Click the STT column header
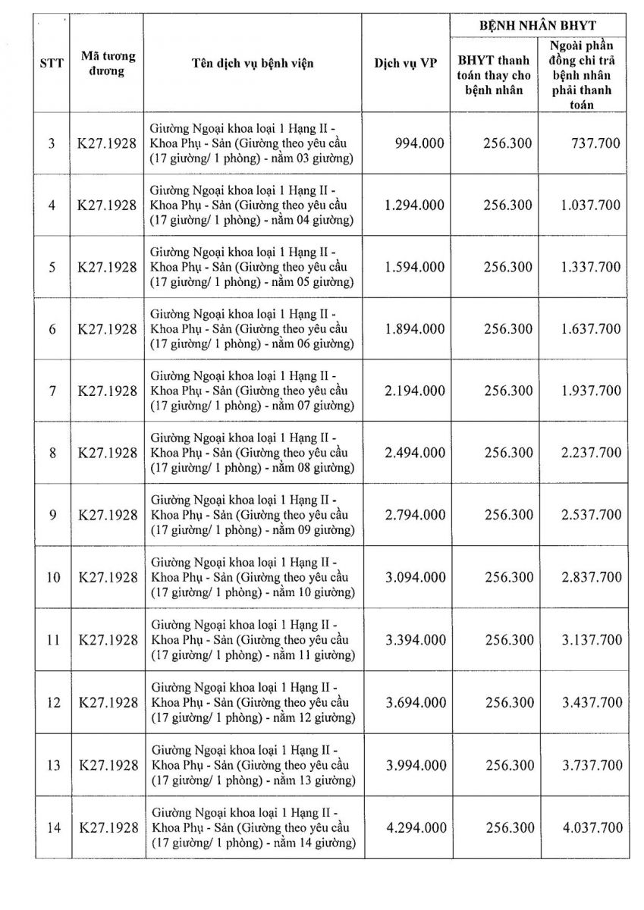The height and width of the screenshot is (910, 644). (52, 64)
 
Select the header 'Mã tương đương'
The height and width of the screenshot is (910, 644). (106, 64)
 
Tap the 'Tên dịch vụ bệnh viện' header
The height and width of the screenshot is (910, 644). (253, 64)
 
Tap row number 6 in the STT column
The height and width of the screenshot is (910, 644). (52, 329)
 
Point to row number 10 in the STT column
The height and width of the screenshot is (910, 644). (52, 577)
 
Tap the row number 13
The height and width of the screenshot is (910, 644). (52, 764)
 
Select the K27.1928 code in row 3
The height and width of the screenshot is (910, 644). (108, 143)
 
